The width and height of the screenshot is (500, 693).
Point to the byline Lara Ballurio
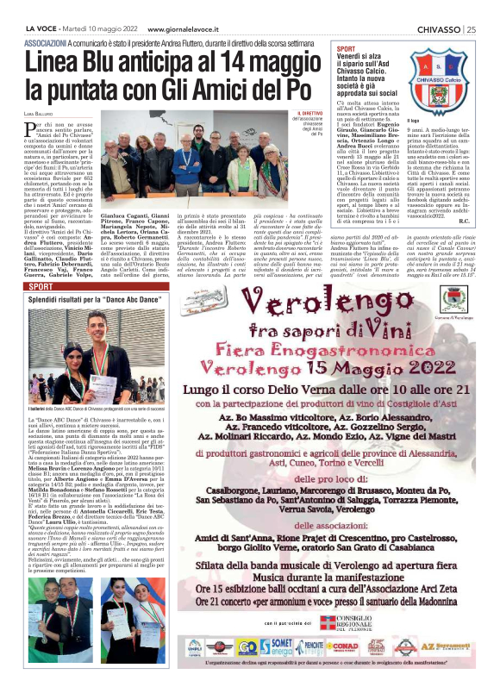coord(41,113)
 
